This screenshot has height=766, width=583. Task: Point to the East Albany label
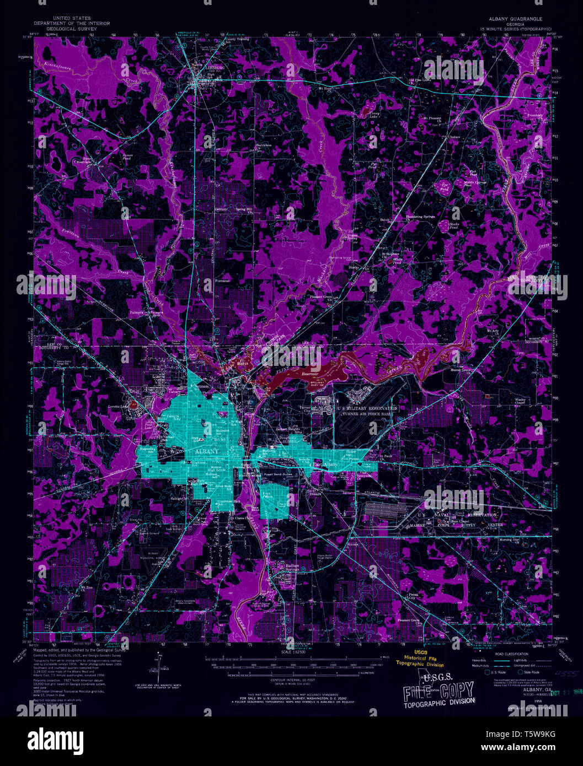pos(325,465)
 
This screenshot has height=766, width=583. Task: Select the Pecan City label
pos(412,597)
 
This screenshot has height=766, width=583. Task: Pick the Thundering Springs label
pos(420,217)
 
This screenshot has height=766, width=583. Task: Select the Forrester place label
pos(222,280)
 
